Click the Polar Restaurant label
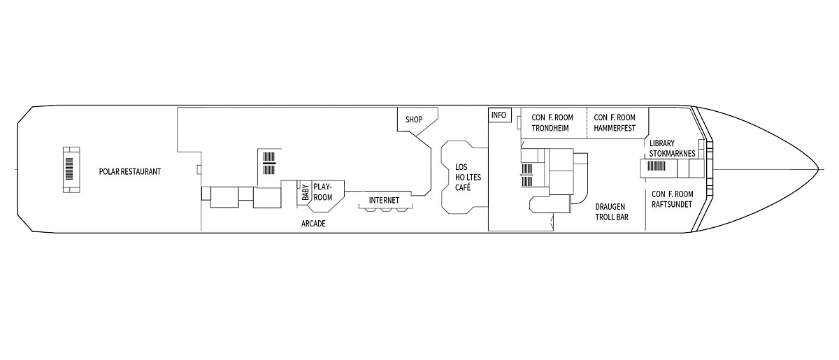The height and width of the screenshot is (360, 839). click(x=129, y=171)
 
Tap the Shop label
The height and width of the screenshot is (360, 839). click(x=414, y=120)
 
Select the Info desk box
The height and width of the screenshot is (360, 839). click(x=500, y=115)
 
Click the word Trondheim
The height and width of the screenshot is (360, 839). click(x=550, y=128)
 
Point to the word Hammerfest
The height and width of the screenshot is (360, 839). click(x=615, y=128)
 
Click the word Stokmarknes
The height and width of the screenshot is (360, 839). click(x=672, y=154)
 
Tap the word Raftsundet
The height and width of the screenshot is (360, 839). click(x=672, y=205)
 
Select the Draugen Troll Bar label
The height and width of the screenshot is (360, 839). click(x=612, y=212)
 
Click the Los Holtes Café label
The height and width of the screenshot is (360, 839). click(x=468, y=177)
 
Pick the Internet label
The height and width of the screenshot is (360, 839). click(x=384, y=201)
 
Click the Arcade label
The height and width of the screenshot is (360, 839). click(x=313, y=224)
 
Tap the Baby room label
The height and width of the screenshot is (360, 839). click(x=306, y=192)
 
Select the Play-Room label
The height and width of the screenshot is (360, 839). click(x=323, y=192)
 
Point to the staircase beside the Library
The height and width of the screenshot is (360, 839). click(x=657, y=166)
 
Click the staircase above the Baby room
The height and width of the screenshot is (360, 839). click(x=269, y=164)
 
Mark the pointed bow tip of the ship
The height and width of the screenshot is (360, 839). click(x=819, y=169)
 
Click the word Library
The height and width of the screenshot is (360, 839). click(x=662, y=143)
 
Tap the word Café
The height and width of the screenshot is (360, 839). click(x=463, y=187)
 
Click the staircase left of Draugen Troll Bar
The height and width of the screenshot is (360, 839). click(x=527, y=175)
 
